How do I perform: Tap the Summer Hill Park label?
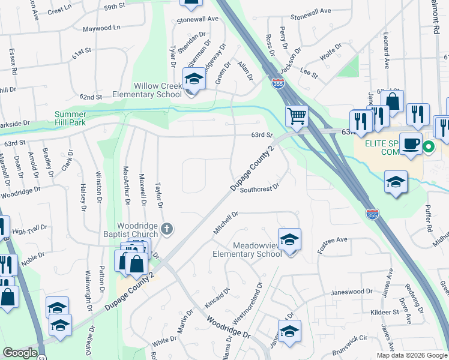click(79, 118)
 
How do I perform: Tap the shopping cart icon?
click(297, 115)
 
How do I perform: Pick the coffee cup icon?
click(411, 144)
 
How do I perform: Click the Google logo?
click(20, 353)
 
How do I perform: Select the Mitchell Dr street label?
click(226, 222)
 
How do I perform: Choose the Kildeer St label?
click(384, 313)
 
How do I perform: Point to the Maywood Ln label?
click(101, 28)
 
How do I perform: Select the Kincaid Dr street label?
click(218, 298)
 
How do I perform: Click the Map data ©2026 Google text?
click(411, 355)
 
